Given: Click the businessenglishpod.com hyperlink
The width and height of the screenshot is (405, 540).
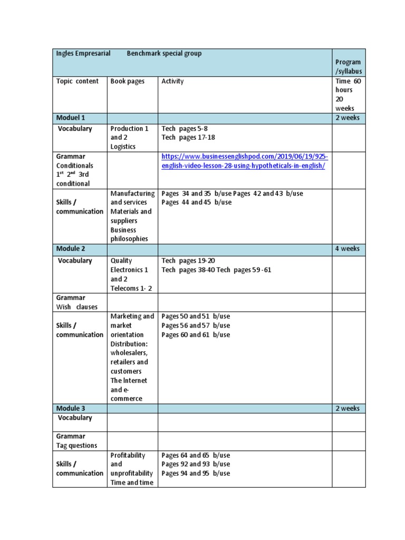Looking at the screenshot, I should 244,161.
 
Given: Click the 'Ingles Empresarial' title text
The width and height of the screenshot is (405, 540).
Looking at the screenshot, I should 83,53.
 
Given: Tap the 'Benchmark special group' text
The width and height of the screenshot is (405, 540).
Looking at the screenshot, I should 164,53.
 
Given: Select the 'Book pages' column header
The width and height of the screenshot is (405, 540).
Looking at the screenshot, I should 127,81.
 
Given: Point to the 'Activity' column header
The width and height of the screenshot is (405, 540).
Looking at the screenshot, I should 172,81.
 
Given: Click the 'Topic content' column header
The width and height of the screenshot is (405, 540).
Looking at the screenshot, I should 78,81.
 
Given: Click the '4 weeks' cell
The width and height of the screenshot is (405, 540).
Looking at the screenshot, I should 348,248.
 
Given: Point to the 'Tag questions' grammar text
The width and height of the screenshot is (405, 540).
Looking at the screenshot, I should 77,446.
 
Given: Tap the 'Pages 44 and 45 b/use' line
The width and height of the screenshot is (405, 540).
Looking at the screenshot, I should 197,202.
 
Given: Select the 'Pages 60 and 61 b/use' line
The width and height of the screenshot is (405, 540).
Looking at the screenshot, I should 196,335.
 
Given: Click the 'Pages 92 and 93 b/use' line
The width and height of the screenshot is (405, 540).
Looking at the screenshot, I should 196,464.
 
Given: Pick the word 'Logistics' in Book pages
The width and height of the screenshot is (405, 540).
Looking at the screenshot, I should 123,147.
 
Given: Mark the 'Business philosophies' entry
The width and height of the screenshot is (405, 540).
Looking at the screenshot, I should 130,234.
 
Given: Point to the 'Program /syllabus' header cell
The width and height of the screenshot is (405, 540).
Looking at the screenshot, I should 348,66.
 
